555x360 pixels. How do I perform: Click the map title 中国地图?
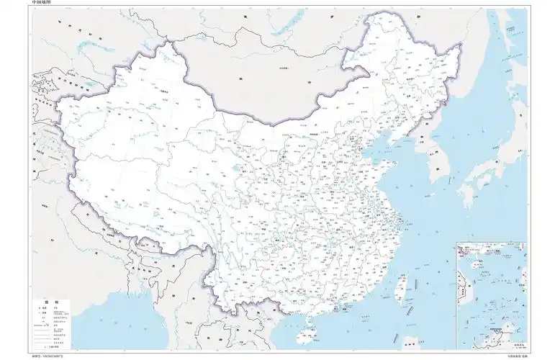pos(41,3)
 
